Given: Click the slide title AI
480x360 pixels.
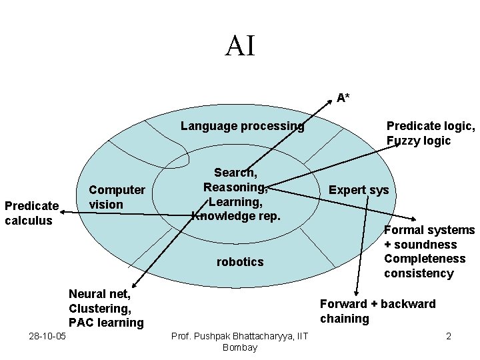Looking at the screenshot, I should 240,46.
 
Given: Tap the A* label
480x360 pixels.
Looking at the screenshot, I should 343,98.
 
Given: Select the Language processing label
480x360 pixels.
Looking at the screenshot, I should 242,125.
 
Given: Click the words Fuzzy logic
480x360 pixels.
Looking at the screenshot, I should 419,141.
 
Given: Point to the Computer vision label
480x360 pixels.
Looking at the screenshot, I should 117,197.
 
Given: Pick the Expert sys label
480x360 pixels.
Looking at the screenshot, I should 359,189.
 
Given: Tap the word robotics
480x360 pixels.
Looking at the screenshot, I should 240,262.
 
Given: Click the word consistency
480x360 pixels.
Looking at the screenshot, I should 419,273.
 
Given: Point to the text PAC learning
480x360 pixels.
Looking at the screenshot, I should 106,323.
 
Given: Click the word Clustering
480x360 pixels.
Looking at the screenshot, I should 99,308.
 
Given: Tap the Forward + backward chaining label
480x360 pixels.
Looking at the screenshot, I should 377,311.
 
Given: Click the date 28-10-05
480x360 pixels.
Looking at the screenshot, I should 47,336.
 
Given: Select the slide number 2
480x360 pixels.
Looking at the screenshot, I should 449,336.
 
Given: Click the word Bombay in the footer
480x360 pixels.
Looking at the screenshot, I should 239,347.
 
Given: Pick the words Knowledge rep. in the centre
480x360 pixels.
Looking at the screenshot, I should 237,216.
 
